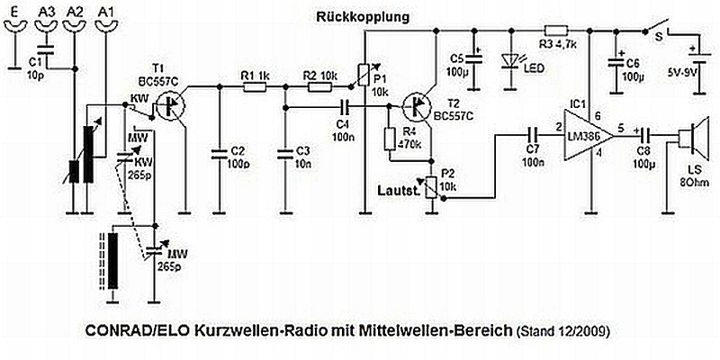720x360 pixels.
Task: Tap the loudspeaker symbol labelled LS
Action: pyautogui.click(x=692, y=136)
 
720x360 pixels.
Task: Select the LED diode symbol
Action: pyautogui.click(x=511, y=61)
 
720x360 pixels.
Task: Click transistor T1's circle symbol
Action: pyautogui.click(x=170, y=105)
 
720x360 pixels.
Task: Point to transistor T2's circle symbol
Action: pyautogui.click(x=417, y=106)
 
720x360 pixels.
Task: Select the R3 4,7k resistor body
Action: pyautogui.click(x=556, y=31)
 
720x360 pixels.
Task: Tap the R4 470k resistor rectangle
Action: pyautogui.click(x=389, y=138)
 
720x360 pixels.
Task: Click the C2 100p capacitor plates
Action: pyautogui.click(x=219, y=154)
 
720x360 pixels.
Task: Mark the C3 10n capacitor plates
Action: pyautogui.click(x=285, y=154)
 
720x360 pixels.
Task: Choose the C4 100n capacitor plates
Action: pyautogui.click(x=346, y=107)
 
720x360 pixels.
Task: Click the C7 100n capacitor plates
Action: pyautogui.click(x=533, y=136)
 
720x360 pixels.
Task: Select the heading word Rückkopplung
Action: pyautogui.click(x=362, y=18)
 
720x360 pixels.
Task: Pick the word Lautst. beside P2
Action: pyautogui.click(x=398, y=190)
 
